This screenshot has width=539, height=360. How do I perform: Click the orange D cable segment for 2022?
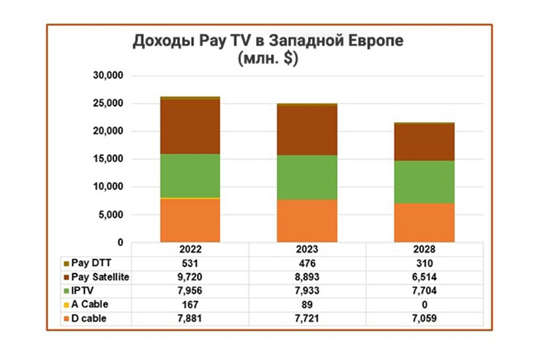[x=190, y=220]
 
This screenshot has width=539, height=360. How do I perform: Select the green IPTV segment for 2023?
[x=307, y=177]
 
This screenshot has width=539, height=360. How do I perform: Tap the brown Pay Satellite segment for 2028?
[x=424, y=142]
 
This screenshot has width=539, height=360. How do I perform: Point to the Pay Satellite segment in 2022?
[x=190, y=126]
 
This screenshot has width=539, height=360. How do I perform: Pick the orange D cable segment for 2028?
[x=424, y=223]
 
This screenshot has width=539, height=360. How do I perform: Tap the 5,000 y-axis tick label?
[x=110, y=215]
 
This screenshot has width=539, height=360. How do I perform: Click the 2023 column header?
[x=307, y=249]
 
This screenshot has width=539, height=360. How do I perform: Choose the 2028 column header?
[x=424, y=249]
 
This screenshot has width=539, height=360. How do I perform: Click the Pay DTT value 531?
[x=190, y=263]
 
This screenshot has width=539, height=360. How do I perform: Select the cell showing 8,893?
[x=307, y=277]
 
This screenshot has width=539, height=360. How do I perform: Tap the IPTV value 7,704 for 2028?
[x=424, y=291]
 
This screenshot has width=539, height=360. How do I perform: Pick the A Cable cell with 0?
[x=424, y=305]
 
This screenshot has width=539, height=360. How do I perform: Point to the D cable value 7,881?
[x=190, y=318]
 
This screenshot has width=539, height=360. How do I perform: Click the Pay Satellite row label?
[x=100, y=277]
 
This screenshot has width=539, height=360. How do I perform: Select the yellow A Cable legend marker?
[x=66, y=305]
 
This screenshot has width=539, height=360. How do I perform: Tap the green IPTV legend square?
[x=66, y=291]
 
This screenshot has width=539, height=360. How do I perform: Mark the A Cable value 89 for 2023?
[x=307, y=305]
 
